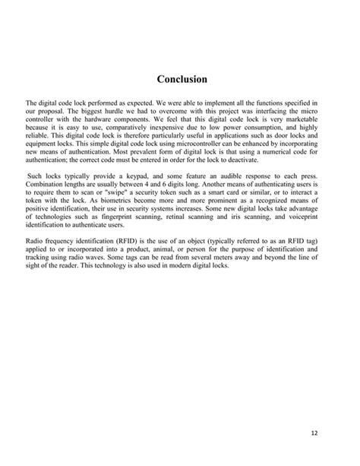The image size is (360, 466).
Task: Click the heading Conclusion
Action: pos(182,78)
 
